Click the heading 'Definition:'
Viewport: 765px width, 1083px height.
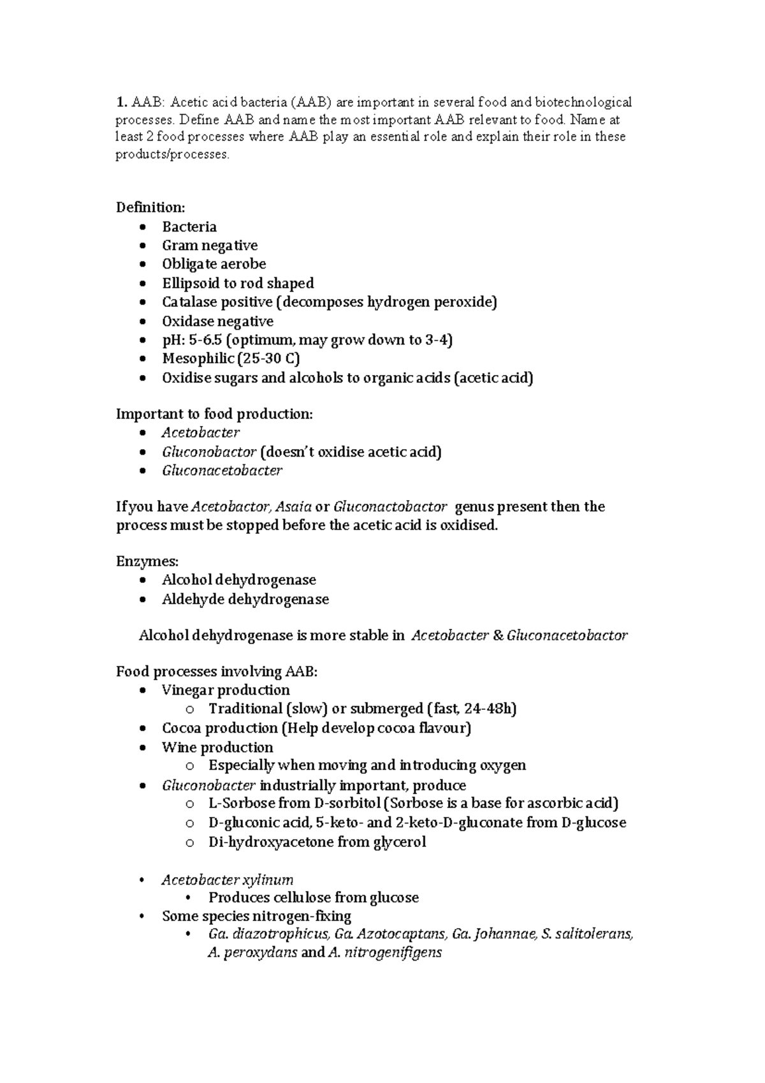coord(150,207)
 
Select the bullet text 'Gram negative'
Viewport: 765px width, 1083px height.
coord(209,246)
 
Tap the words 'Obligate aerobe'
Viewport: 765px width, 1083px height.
coord(214,264)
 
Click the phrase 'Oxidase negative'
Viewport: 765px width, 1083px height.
coord(217,321)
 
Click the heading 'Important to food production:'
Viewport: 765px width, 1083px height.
coord(214,414)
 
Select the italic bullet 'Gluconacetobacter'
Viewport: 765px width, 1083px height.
coord(222,471)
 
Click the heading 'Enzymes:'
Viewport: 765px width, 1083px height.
coord(147,561)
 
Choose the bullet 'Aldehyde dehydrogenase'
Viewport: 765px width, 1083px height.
coord(245,599)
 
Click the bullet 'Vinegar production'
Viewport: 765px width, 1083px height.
coord(226,690)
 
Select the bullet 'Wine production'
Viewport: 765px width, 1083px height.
coord(217,747)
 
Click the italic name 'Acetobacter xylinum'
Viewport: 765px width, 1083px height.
coord(228,880)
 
